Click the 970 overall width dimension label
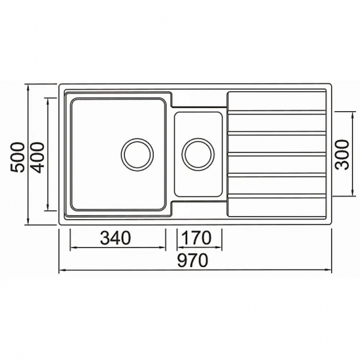[x=192, y=260]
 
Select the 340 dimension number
[x=115, y=238]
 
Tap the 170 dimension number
[x=196, y=238]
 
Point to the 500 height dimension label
[x=17, y=157]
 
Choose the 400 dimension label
[x=37, y=158]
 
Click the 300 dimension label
[x=342, y=154]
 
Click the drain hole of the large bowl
[x=137, y=154]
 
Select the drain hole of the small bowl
[x=198, y=154]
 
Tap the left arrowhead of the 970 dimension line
[x=62, y=270]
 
